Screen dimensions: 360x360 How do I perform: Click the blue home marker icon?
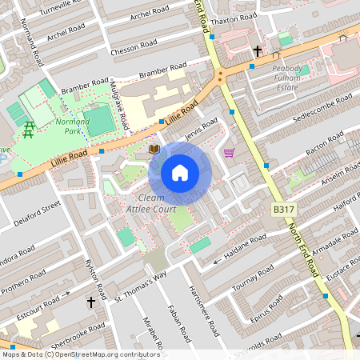(180, 173)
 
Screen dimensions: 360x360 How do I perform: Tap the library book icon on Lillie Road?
(154, 150)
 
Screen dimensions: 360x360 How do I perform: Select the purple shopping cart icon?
(230, 153)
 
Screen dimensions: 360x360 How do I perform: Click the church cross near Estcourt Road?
(91, 302)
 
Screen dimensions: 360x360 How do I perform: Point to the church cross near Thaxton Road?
(258, 51)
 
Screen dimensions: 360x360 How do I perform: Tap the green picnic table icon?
(29, 126)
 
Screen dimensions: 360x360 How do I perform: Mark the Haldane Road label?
(245, 245)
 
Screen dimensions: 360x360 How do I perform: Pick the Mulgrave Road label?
(121, 107)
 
